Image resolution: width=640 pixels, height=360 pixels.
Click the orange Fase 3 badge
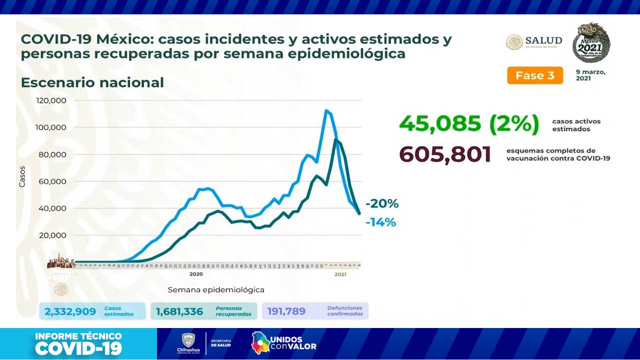tap(534, 75)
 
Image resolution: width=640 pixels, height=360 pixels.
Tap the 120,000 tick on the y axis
tap(51, 100)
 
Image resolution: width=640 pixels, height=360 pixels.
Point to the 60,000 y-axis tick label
tap(53, 181)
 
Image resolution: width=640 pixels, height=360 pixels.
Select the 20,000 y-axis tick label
tap(53, 235)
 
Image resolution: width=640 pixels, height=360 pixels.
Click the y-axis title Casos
tap(22, 177)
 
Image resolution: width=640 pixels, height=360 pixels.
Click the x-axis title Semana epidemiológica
tap(216, 290)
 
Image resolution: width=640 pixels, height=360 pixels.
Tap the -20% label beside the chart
tap(382, 204)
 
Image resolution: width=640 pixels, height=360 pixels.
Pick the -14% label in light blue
tap(381, 222)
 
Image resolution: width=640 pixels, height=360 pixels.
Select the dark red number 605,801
tap(445, 155)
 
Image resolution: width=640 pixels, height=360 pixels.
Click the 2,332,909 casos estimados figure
tap(70, 311)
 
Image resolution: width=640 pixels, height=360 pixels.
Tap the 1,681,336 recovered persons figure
tap(179, 311)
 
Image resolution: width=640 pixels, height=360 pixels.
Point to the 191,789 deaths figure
tap(286, 311)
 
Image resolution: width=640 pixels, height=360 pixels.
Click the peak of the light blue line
tap(326, 110)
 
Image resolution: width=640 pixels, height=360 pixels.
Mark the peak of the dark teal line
tap(336, 140)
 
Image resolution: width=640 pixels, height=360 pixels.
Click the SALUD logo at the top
tap(534, 42)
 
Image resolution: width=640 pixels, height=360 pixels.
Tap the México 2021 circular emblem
tap(591, 42)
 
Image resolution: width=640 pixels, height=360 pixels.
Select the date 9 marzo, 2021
tap(590, 75)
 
